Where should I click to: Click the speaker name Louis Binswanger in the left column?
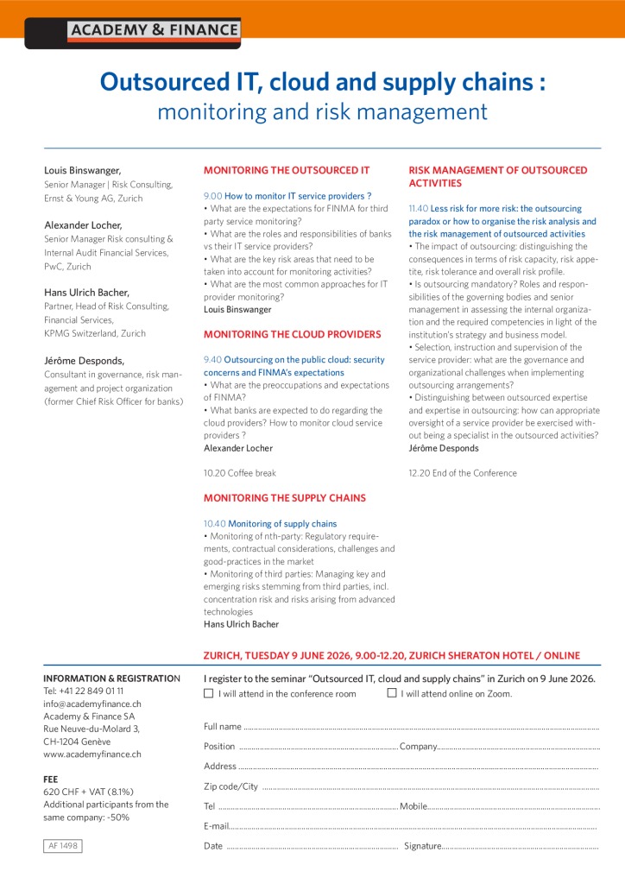click(83, 171)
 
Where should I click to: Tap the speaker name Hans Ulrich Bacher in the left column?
click(87, 293)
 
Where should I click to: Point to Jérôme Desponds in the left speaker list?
click(84, 360)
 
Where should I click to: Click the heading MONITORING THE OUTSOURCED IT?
click(286, 171)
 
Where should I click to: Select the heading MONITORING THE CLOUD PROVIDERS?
click(292, 334)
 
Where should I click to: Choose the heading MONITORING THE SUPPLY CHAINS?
click(284, 498)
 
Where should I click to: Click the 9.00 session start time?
click(212, 197)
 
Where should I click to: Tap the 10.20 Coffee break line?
click(239, 473)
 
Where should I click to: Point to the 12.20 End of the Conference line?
click(462, 473)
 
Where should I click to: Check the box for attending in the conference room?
click(208, 693)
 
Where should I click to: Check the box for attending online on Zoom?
click(392, 693)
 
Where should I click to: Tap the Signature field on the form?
click(518, 847)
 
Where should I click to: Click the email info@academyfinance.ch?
click(92, 704)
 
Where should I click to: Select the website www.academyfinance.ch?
click(92, 754)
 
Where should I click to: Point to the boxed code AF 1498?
click(63, 846)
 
